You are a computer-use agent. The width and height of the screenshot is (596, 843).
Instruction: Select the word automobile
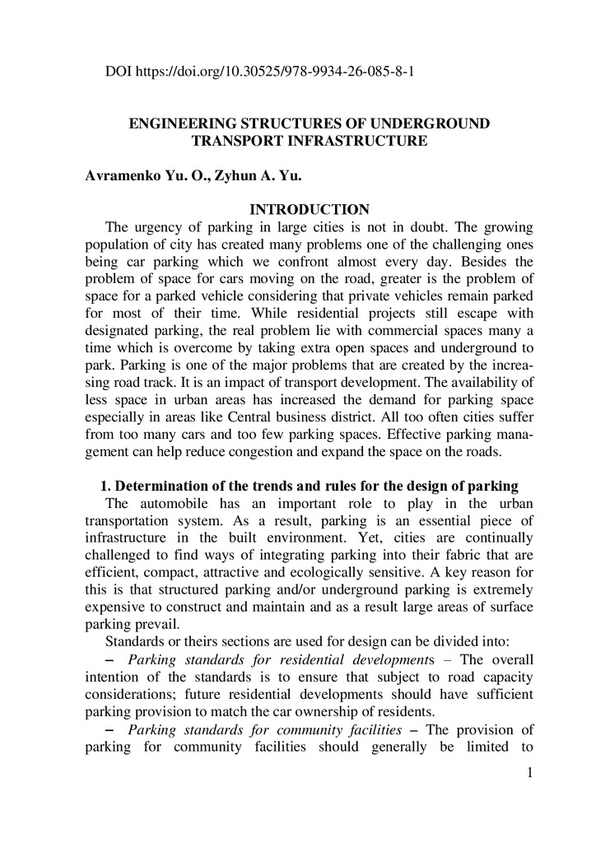(170, 504)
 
